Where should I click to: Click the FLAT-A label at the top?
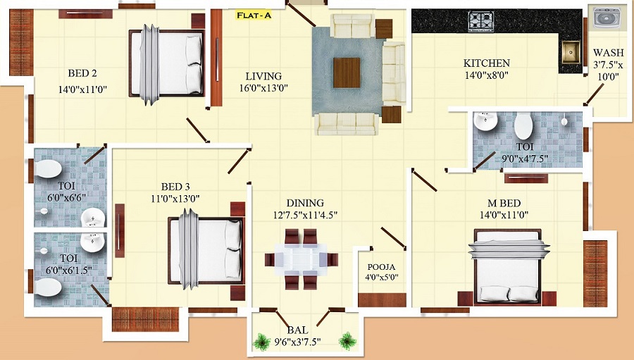point(254,15)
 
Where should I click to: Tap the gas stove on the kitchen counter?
point(480,21)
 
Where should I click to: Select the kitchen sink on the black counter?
point(571,52)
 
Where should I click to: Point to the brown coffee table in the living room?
point(347,73)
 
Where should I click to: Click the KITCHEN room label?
point(486,63)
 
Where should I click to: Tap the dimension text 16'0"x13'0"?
point(263,88)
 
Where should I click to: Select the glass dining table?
point(301,259)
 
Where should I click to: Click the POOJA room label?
point(381,267)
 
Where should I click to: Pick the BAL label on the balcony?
point(297,330)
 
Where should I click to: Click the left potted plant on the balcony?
point(261,342)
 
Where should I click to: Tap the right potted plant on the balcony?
point(347,341)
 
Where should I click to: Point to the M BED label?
point(504,203)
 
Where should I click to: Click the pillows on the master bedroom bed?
point(509,293)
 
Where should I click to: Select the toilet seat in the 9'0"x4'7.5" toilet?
point(523,126)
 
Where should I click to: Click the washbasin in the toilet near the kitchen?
point(485,121)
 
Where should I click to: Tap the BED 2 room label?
point(82,73)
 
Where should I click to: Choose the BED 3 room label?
point(175,187)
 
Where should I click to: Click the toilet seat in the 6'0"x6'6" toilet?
point(48,168)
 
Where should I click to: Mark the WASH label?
point(609,53)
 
